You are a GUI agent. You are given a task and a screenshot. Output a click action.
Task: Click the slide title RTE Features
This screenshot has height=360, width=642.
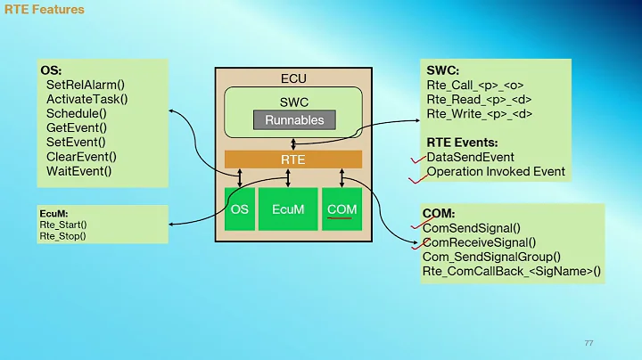coord(44,10)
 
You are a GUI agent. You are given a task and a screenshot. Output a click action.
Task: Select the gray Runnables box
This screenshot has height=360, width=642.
coord(293,119)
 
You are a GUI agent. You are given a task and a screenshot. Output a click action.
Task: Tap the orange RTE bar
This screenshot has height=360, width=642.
coord(293,159)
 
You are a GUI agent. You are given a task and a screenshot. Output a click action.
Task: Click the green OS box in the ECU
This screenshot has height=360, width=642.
coord(239,210)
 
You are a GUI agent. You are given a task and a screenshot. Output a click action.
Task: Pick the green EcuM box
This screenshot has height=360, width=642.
coord(287,210)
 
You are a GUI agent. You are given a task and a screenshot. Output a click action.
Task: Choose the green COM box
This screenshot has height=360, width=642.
coord(342,210)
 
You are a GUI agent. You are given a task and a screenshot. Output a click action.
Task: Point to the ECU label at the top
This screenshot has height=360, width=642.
coord(293,78)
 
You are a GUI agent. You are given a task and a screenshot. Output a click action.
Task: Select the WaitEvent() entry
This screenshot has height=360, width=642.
coord(78,170)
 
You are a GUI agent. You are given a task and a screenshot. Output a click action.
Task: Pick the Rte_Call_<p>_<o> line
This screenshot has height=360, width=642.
coord(474,85)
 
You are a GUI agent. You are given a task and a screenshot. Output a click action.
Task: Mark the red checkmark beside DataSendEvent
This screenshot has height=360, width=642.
coord(416,159)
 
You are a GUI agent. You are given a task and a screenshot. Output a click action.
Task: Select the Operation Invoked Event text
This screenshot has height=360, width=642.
coord(496,172)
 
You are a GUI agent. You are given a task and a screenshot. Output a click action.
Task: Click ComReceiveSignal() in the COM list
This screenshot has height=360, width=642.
coord(480,242)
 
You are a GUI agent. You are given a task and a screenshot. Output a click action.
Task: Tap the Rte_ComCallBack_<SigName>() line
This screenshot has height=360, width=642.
coord(512,271)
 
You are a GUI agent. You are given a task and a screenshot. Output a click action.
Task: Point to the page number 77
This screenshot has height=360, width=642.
coord(588,343)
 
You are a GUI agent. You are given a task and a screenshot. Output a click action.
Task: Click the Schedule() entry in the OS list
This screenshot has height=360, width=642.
coord(78,112)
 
